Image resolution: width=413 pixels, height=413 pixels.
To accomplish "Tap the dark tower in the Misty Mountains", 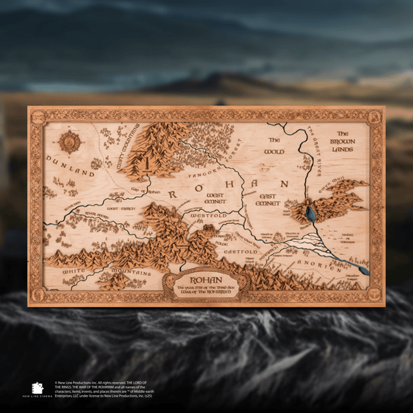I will tap(145, 164).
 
